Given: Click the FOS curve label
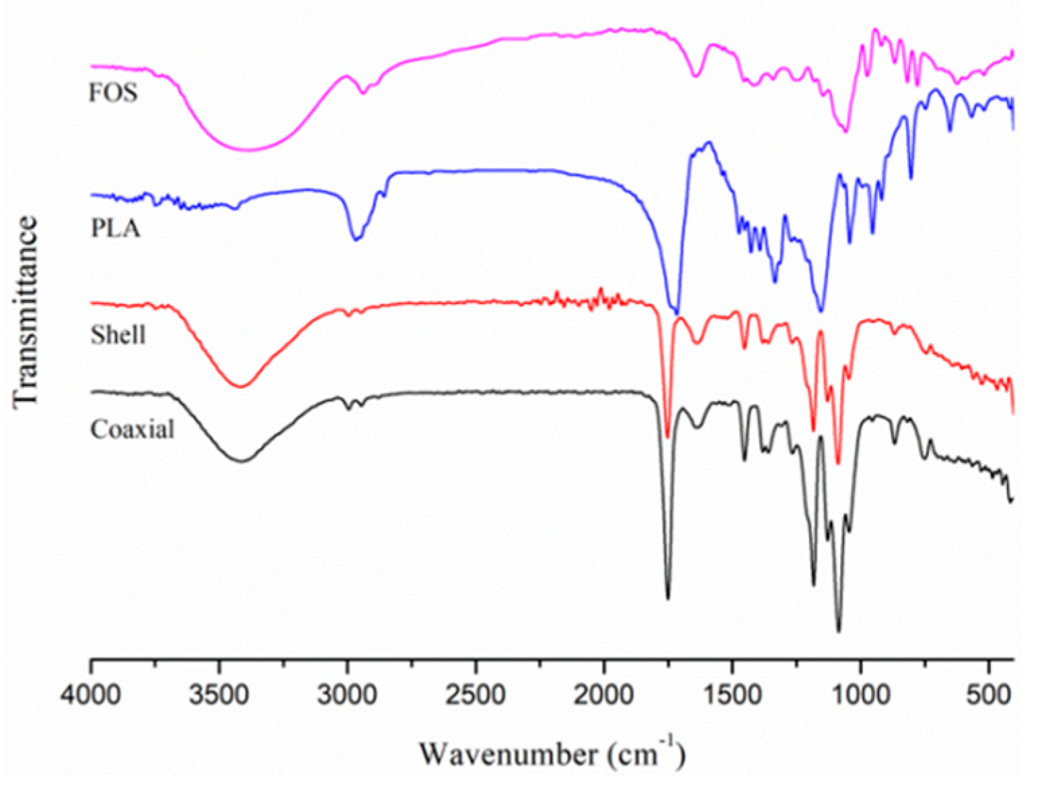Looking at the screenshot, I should [x=113, y=92].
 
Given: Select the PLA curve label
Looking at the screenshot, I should [x=116, y=229].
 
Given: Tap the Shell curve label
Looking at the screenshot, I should [x=118, y=334].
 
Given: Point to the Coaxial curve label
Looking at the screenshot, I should [x=133, y=429].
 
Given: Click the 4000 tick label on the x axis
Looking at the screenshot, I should [x=91, y=694].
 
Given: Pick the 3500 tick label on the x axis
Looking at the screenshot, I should [x=219, y=694].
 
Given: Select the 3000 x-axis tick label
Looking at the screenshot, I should [x=348, y=694].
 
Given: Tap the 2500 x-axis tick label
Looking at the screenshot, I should [x=476, y=694].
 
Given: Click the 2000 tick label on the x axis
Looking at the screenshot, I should [x=604, y=694].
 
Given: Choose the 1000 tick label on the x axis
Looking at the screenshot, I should [x=860, y=694].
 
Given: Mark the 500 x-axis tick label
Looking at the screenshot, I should [x=989, y=694].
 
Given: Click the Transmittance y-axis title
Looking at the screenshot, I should [x=25, y=311].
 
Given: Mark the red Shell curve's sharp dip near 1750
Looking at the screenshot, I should [x=667, y=436].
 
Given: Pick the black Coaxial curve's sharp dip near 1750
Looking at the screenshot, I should [x=667, y=598].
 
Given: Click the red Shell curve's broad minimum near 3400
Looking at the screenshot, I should [x=241, y=386].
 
